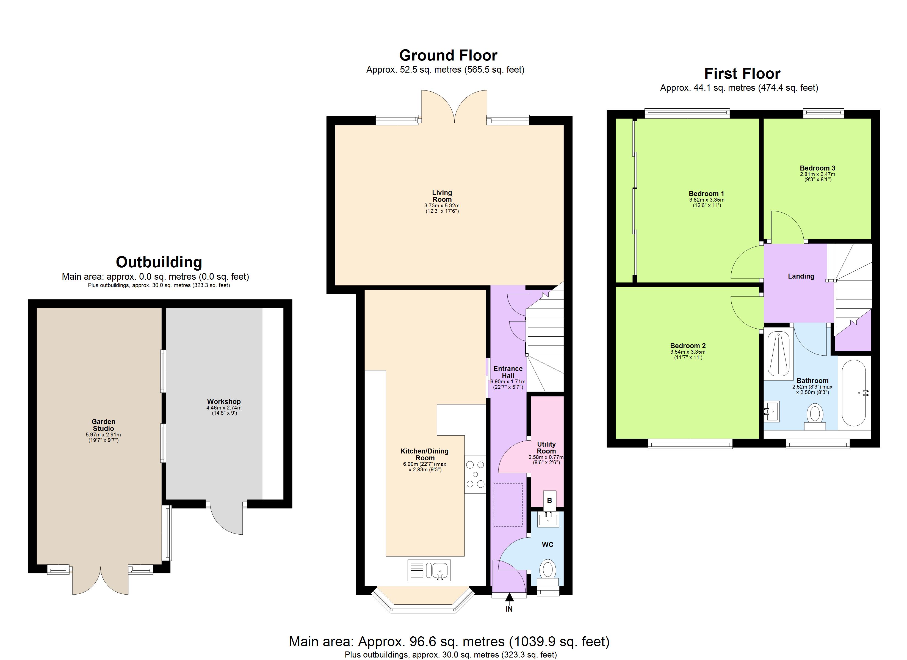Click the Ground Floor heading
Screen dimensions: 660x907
pyautogui.click(x=448, y=55)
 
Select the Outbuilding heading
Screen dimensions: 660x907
pyautogui.click(x=159, y=262)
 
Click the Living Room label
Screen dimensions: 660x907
pyautogui.click(x=442, y=196)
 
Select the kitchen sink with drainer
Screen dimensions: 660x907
pyautogui.click(x=429, y=570)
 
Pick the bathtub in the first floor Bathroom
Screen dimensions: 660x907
pyautogui.click(x=854, y=393)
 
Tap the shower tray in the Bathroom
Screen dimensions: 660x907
pyautogui.click(x=778, y=355)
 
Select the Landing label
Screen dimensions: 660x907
pyautogui.click(x=801, y=276)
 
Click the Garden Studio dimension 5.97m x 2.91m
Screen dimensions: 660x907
pyautogui.click(x=103, y=435)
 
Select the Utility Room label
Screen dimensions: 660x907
pyautogui.click(x=546, y=447)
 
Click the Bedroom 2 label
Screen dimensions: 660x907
pyautogui.click(x=688, y=346)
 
